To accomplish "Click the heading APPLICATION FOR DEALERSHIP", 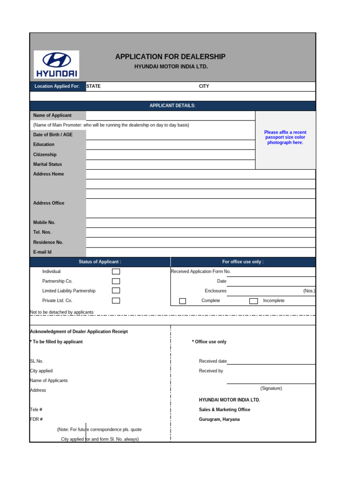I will pos(170,57).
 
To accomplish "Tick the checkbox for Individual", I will pos(116,271).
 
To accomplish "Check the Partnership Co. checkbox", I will pos(116,281).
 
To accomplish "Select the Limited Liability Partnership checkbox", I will pos(116,291).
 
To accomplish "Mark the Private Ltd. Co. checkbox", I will pos(116,300).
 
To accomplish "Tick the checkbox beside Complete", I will pos(183,301).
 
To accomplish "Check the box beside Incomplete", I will pos(253,301).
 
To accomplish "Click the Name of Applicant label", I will pos(52,115).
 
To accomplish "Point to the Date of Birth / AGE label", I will pos(53,135).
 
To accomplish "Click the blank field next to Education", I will pos(170,144).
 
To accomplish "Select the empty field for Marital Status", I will pos(170,164).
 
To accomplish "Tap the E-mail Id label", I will pos(42,252).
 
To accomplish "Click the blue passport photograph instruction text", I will pos(285,137).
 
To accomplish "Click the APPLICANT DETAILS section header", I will pos(172,106).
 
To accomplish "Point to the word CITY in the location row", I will pos(204,86).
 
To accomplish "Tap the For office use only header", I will pos(243,262).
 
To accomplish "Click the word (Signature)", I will pos(271,389).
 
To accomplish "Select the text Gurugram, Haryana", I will pos(219,419).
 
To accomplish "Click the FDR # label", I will pos(37,419).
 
